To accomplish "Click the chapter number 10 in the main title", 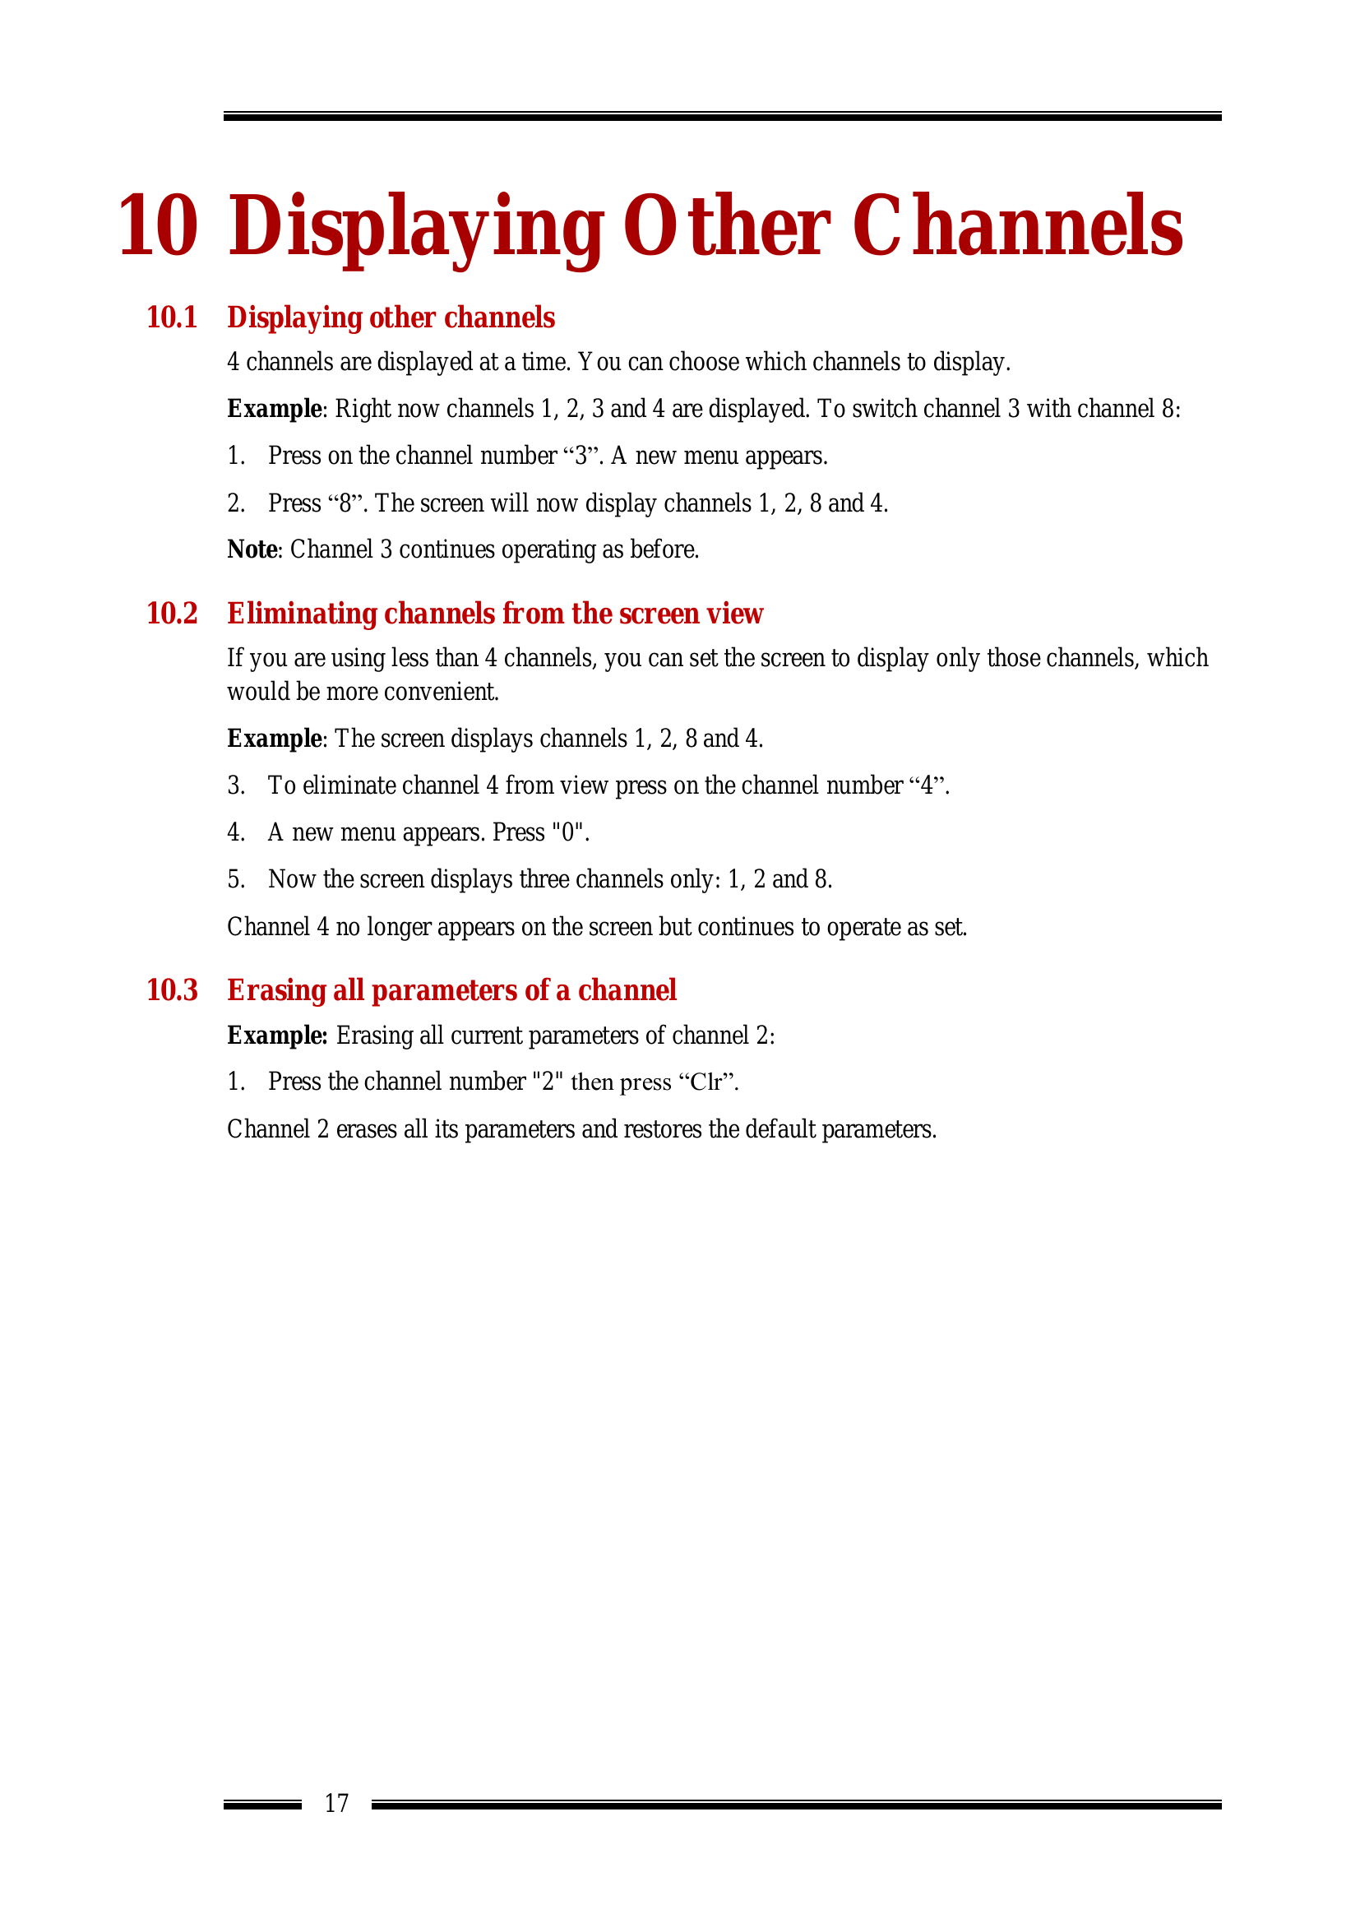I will [x=158, y=225].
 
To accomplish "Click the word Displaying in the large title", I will [x=416, y=225].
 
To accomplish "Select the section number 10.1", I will [x=172, y=317].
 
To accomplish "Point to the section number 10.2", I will [x=172, y=614].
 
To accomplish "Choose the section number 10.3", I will [x=172, y=990].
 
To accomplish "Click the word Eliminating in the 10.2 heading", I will [x=302, y=614].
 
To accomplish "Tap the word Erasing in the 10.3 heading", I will [x=276, y=990].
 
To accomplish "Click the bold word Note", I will [x=252, y=549].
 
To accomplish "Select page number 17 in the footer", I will [x=336, y=1803].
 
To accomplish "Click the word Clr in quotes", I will [x=707, y=1082].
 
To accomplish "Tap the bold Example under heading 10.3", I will [x=277, y=1036].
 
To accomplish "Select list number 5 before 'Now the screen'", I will [x=235, y=879].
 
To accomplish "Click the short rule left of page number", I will [x=262, y=1805].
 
